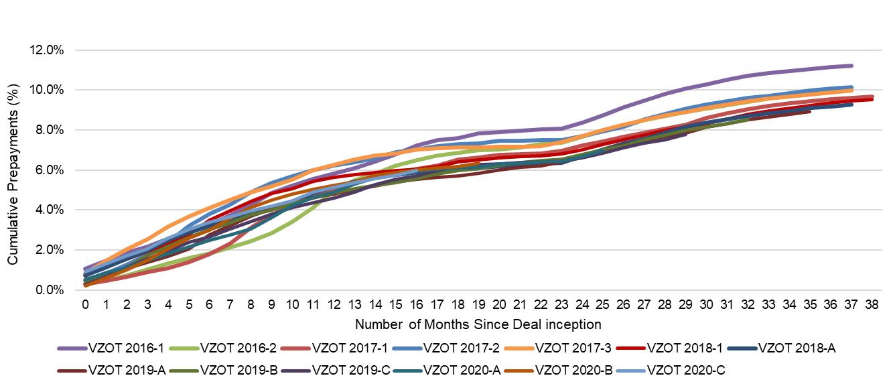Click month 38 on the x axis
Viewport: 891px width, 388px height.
[x=872, y=304]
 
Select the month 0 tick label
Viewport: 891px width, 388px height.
[x=86, y=304]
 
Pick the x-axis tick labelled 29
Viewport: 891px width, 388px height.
[x=685, y=304]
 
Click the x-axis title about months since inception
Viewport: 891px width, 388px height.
[x=478, y=324]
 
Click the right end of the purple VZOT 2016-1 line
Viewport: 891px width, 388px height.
[x=851, y=66]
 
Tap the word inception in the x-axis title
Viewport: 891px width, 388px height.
[x=576, y=324]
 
